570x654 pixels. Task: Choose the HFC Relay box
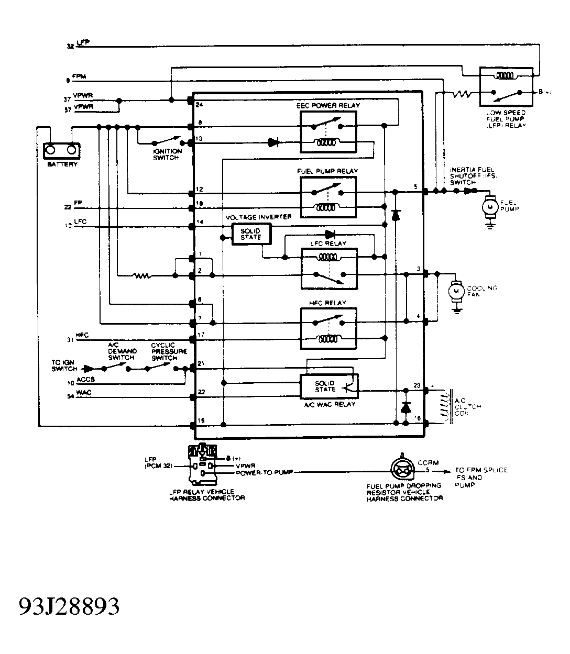click(x=328, y=328)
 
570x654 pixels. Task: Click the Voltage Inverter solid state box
click(x=250, y=234)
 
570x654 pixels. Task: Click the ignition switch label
click(x=167, y=154)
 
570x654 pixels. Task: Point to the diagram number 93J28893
click(x=70, y=606)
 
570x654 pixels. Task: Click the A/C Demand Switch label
click(x=122, y=351)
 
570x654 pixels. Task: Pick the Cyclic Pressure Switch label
click(x=169, y=351)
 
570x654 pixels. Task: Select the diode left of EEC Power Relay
click(x=273, y=142)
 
